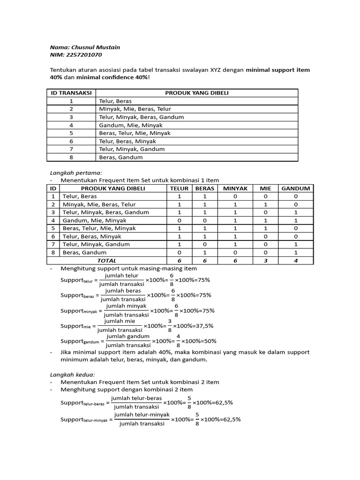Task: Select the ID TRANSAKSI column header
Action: pyautogui.click(x=71, y=93)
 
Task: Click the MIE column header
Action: pyautogui.click(x=266, y=188)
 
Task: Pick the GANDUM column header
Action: pyautogui.click(x=296, y=188)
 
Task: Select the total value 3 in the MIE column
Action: pyautogui.click(x=266, y=261)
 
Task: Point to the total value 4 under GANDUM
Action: pyautogui.click(x=296, y=261)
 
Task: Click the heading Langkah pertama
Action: pyautogui.click(x=75, y=172)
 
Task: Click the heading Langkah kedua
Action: pyautogui.click(x=72, y=375)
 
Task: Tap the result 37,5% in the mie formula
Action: pyautogui.click(x=202, y=326)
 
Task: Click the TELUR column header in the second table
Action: pyautogui.click(x=180, y=188)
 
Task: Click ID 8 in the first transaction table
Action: pyautogui.click(x=71, y=157)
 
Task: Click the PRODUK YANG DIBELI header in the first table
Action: pyautogui.click(x=197, y=93)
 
